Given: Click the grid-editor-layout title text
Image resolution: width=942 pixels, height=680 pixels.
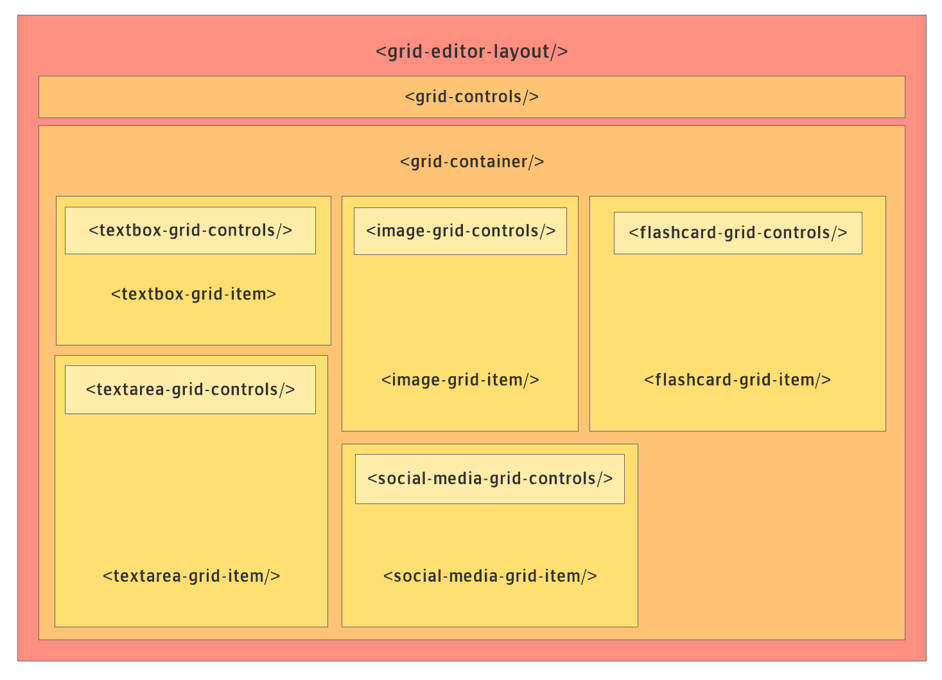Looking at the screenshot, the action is [471, 52].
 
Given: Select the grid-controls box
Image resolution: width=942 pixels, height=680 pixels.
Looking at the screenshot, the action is [471, 97].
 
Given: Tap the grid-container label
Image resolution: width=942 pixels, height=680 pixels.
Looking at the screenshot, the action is [472, 162].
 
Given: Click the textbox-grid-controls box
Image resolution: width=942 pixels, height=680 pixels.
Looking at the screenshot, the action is [190, 231].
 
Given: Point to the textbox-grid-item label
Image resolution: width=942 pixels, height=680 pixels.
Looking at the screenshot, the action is [193, 294].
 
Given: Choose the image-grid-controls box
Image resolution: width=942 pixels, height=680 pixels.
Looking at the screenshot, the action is [460, 231].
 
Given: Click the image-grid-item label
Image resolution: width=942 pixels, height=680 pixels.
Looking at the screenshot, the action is [460, 380].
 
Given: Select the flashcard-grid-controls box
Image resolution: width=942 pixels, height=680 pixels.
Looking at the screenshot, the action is [738, 233].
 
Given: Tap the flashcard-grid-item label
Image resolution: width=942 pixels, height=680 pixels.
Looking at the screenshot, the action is [737, 380].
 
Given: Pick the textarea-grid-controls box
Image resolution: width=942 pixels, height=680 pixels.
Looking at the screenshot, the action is [190, 390].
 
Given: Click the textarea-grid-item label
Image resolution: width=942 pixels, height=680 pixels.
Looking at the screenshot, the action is [191, 576].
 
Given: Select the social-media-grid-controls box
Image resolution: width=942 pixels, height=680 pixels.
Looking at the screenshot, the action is [489, 480].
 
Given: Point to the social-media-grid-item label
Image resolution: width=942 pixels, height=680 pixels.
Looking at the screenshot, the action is [490, 576].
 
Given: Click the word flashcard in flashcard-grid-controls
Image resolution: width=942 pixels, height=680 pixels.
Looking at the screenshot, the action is [677, 233].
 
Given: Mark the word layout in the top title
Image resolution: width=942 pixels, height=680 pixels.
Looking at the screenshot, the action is [521, 52].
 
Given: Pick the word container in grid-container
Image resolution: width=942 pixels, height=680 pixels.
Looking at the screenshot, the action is [489, 162].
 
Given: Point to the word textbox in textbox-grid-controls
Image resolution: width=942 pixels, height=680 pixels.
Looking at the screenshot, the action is [131, 231].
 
